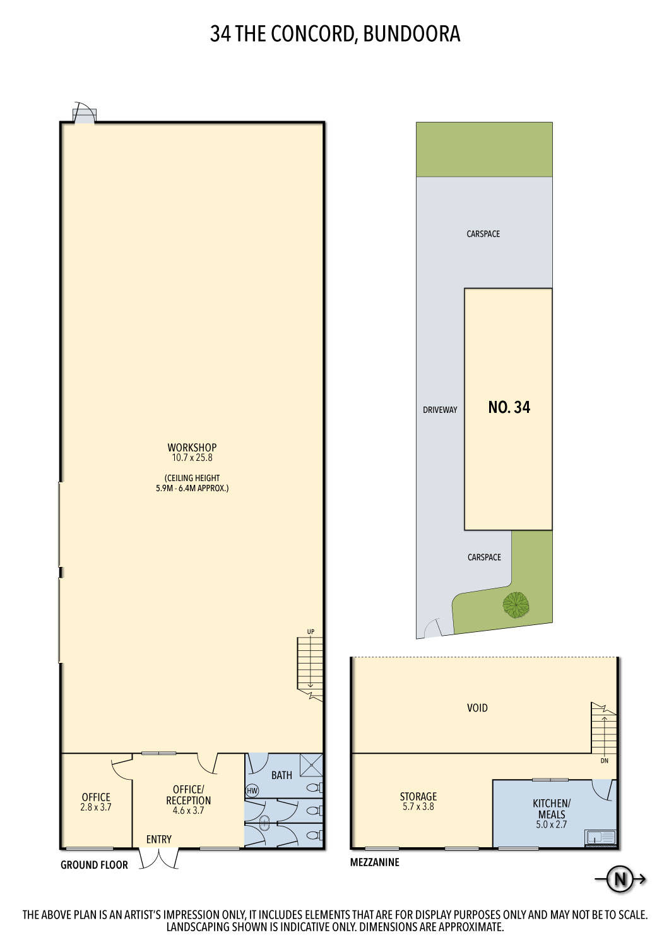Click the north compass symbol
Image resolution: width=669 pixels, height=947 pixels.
pos(619,879)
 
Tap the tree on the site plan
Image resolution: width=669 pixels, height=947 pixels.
pos(516,604)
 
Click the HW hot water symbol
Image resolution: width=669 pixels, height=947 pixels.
pos(252,790)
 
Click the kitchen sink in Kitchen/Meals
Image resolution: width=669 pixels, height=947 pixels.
pos(600,838)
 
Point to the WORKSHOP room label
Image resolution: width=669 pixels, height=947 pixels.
pos(192,447)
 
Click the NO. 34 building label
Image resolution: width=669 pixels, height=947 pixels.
pos(509,407)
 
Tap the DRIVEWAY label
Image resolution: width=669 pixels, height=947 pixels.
pos(440,410)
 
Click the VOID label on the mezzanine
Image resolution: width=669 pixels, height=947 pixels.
pos(477,708)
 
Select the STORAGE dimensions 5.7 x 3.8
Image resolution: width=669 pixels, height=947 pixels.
pos(418,807)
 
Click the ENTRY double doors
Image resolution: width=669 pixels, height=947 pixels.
pos(159,859)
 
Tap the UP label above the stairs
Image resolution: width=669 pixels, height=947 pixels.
pos(311,632)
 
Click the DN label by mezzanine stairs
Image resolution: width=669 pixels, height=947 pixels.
pos(604,761)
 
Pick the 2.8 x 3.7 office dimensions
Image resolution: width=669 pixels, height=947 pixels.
pos(96,807)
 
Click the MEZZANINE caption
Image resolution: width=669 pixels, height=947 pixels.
pos(374,862)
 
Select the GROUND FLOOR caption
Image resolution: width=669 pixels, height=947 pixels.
pos(94,865)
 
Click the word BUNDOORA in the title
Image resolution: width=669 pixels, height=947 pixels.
pos(411,34)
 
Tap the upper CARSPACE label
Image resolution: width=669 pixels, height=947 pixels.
pos(483,234)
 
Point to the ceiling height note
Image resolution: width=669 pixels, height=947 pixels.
pos(192,483)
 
